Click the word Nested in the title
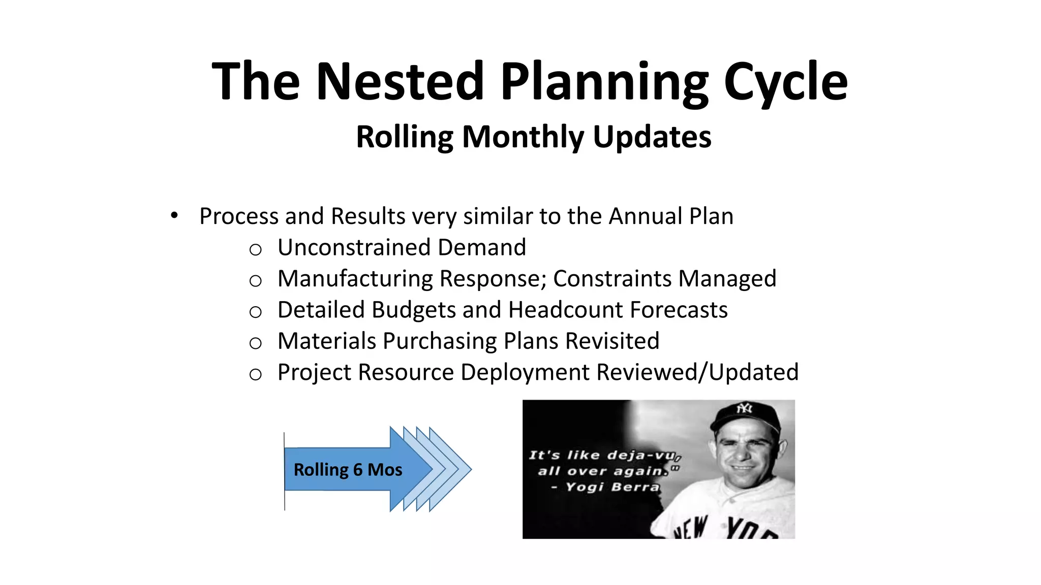pos(401,81)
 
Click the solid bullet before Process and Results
pos(174,216)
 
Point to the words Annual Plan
pos(671,216)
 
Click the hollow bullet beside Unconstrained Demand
pos(255,250)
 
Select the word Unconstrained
pos(354,248)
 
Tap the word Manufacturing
pos(355,279)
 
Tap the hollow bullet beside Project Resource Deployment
pos(255,375)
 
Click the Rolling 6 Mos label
pos(348,470)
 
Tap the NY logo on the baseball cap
pos(744,408)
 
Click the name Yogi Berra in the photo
pos(612,487)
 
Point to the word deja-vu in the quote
pos(641,455)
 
